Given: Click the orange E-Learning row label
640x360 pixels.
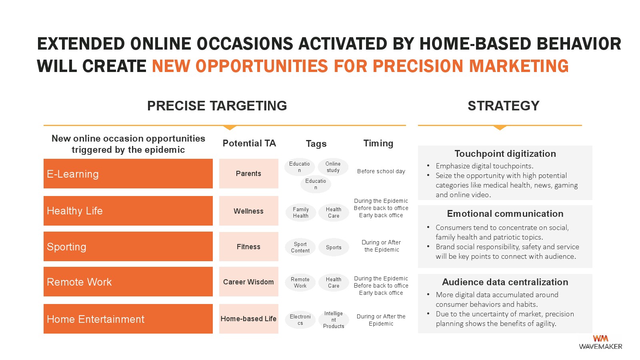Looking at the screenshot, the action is pos(128,174).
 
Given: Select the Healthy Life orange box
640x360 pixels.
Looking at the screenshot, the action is pos(128,210).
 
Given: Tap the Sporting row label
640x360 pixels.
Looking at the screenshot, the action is pos(128,246).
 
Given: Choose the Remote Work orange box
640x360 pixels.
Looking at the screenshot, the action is pos(128,282).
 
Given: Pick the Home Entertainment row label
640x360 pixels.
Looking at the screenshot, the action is pos(128,318).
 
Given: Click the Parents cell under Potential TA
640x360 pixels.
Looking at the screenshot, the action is pos(248,174).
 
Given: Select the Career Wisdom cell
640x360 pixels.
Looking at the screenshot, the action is pos(248,282).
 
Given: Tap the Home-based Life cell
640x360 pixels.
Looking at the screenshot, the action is pos(248,318).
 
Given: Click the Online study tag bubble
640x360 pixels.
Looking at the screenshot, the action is pos(333,167).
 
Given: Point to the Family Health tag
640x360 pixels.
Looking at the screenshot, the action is pos(300,212).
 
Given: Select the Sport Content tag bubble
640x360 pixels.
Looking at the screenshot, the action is pos(300,248).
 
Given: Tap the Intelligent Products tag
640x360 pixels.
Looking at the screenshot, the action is pos(334,320).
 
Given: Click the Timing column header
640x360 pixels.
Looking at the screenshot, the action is pos(378,143).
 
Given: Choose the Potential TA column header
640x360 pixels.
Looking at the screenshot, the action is pos(249,143).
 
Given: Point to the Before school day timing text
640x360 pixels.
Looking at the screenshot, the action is pos(381,171).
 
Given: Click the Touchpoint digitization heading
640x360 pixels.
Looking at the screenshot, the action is pos(505,154).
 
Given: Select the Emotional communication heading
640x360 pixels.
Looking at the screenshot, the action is pos(505,214).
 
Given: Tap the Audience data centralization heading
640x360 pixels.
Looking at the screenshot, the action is pos(505,282).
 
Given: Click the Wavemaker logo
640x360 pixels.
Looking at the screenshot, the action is pos(600,342).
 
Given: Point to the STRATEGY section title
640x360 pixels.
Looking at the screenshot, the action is pos(504,106).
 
